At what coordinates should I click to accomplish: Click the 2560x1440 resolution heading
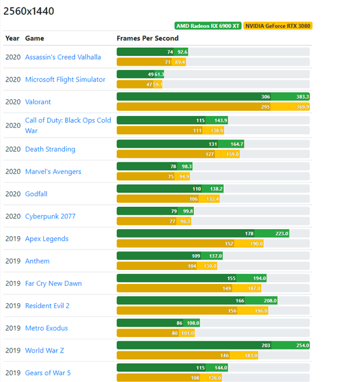pos(29,11)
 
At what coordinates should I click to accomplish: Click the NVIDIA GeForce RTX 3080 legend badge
pos(278,26)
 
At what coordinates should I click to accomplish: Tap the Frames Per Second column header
pos(148,38)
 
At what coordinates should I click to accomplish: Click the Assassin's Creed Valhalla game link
pos(63,57)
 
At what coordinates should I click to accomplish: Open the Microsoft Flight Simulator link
pos(65,80)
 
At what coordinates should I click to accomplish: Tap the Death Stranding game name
pos(50,150)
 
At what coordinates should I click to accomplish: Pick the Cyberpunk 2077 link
pos(50,216)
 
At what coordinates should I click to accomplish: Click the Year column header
pos(13,38)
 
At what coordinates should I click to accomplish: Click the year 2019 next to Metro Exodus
pos(13,329)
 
